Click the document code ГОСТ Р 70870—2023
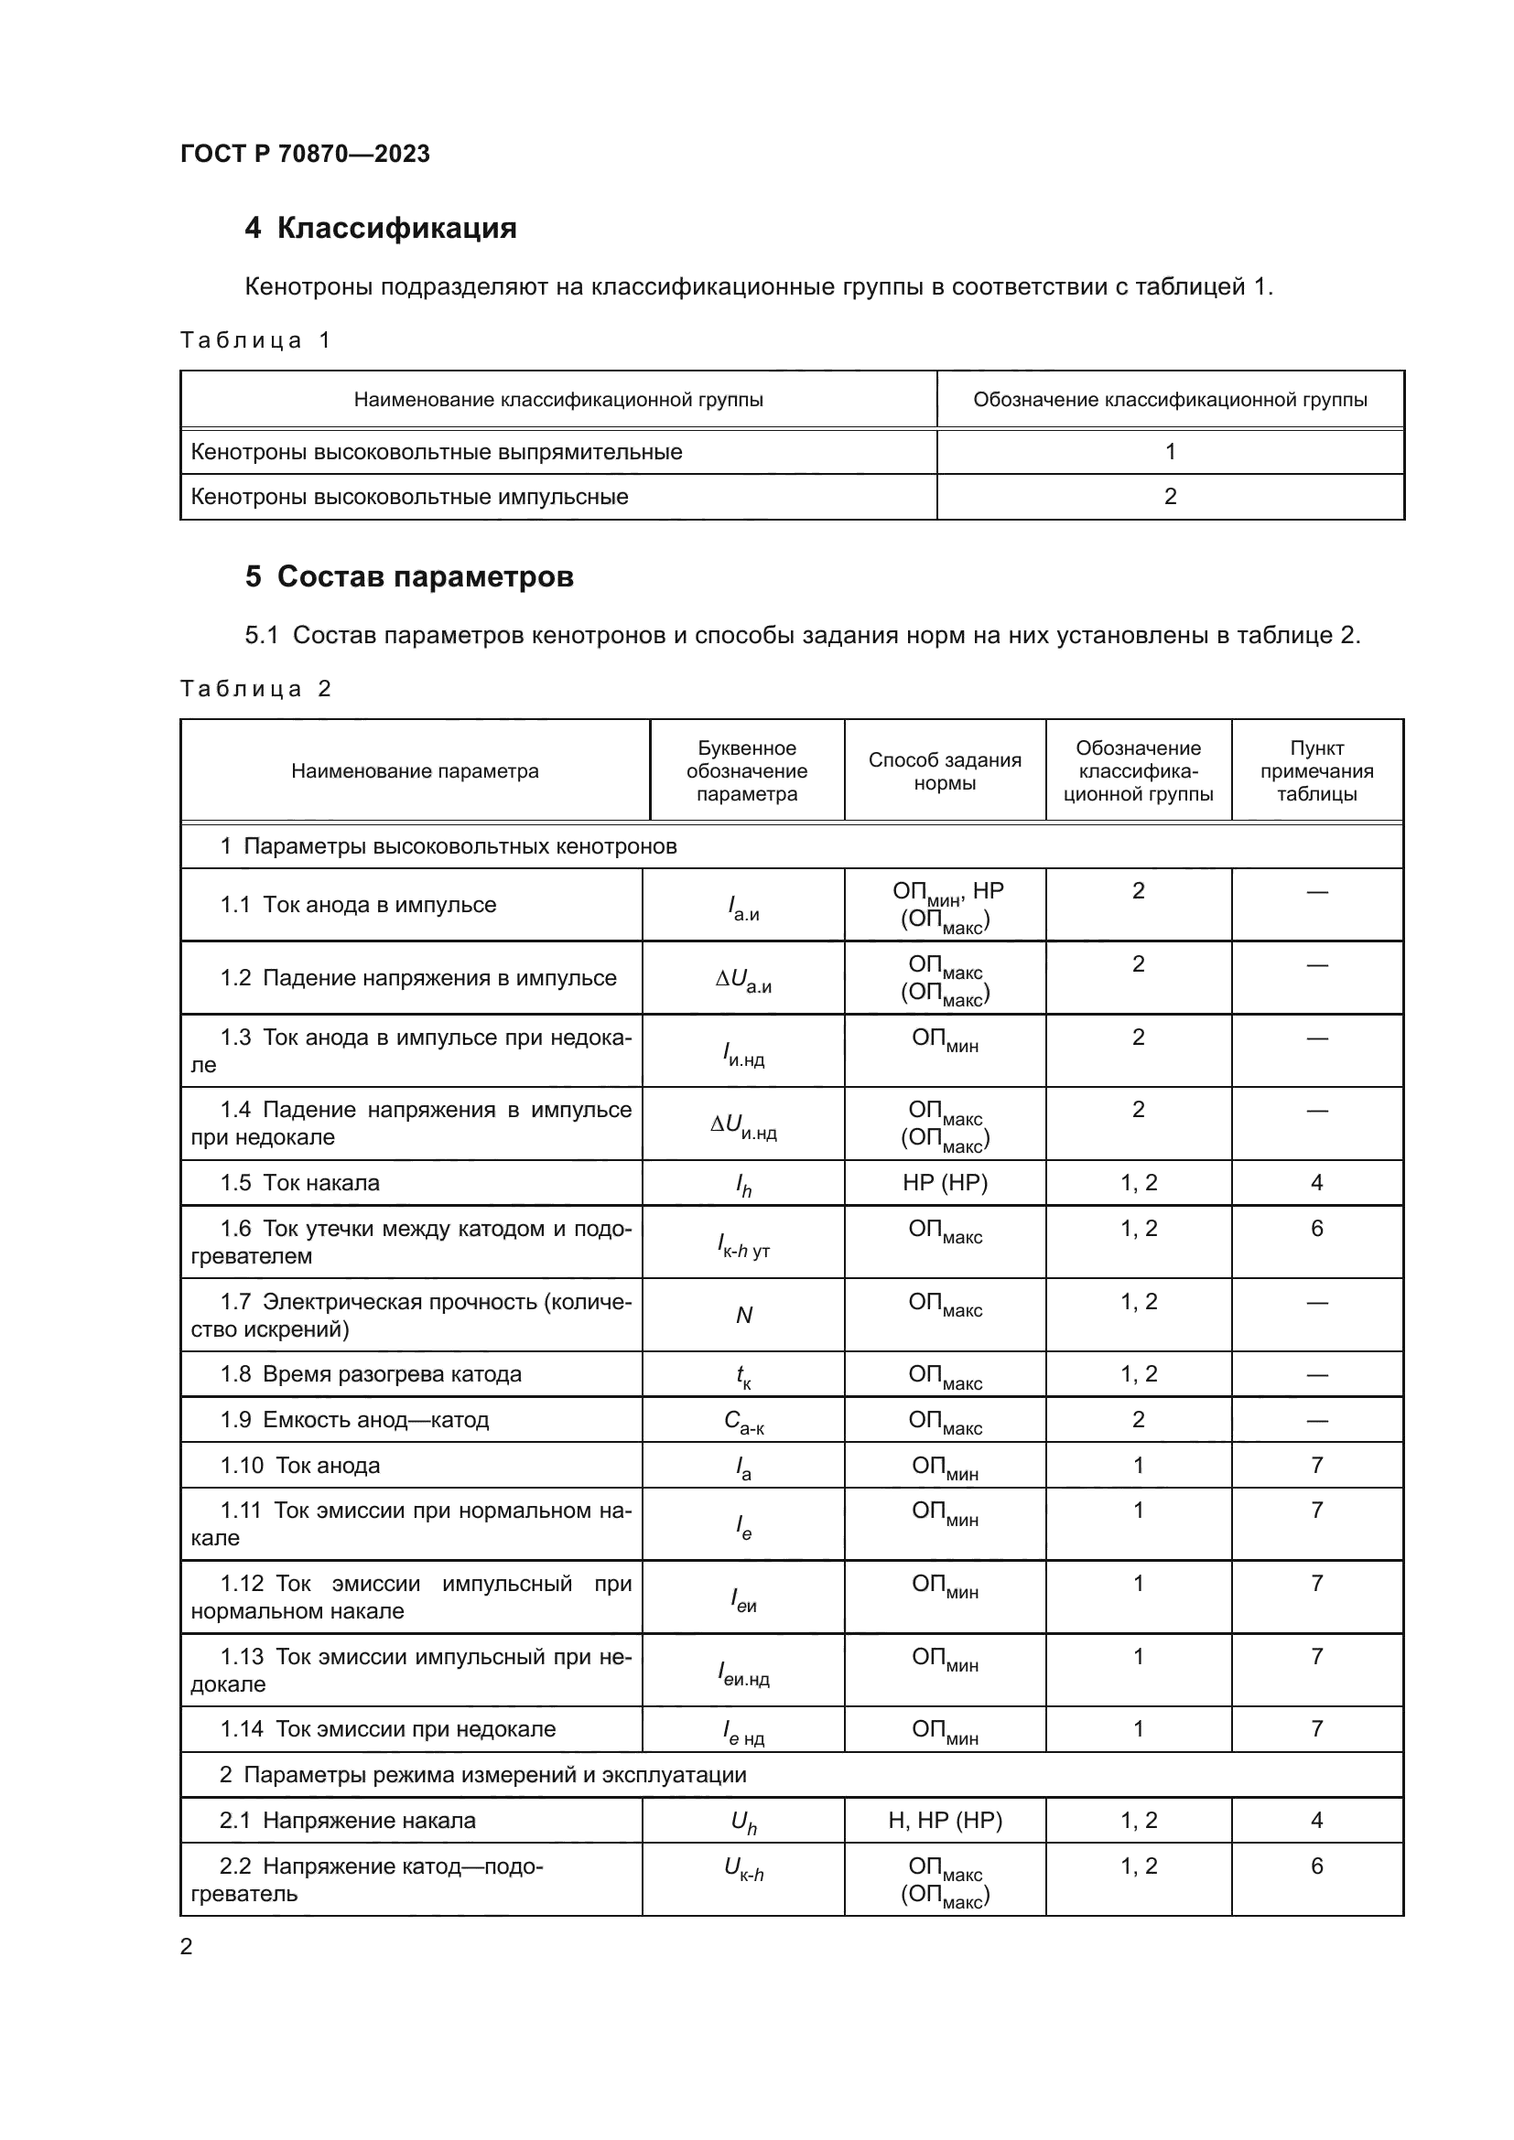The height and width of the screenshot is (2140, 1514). click(x=305, y=154)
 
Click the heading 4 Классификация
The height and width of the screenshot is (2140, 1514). click(x=381, y=229)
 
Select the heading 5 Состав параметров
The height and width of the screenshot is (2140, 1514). click(x=409, y=577)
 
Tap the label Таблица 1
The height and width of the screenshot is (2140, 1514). click(x=255, y=340)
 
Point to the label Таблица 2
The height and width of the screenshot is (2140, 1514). click(x=255, y=689)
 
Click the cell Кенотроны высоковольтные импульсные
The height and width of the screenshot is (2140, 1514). click(x=409, y=497)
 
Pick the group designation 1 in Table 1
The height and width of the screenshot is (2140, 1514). click(x=1170, y=452)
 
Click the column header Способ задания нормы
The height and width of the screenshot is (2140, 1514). click(x=945, y=770)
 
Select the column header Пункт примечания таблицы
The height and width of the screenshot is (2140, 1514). click(x=1316, y=770)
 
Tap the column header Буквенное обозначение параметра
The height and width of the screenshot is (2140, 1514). click(x=747, y=770)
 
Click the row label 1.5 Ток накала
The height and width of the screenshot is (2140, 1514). click(x=300, y=1183)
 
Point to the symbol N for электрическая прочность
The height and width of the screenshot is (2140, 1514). click(x=744, y=1315)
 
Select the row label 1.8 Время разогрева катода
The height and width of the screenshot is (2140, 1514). click(x=371, y=1374)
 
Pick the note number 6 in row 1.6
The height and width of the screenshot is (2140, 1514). click(x=1316, y=1229)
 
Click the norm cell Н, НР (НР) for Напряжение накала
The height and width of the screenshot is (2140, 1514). click(x=945, y=1821)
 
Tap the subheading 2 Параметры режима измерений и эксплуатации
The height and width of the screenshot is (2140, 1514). click(x=483, y=1775)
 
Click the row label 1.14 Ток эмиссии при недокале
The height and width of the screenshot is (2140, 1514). click(x=388, y=1729)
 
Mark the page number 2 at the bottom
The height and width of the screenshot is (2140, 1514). click(x=187, y=1946)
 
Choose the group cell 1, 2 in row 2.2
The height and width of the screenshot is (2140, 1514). click(x=1139, y=1866)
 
